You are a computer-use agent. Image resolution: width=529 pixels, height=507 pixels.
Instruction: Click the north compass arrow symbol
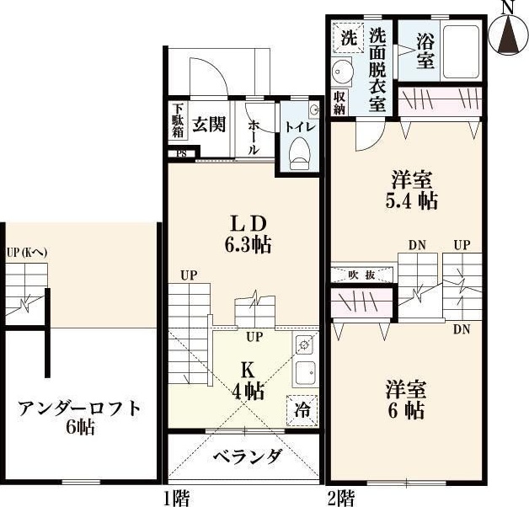tap(508, 36)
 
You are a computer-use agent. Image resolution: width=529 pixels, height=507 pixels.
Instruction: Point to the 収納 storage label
tap(339, 103)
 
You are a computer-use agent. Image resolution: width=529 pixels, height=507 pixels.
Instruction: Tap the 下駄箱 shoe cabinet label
tap(179, 122)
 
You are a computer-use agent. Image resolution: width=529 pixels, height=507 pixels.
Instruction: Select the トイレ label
tap(299, 127)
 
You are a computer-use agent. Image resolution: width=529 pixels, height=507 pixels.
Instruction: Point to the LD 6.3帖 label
tap(249, 234)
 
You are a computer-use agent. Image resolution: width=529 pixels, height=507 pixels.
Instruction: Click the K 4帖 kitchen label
tap(249, 381)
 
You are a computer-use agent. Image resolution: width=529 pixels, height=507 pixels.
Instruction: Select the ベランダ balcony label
tap(246, 458)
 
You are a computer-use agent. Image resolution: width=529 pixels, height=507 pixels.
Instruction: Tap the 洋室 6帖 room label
tap(406, 401)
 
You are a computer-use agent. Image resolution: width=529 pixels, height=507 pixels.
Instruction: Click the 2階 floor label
tap(340, 498)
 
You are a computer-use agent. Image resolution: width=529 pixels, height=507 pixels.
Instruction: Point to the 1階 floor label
tap(176, 498)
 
